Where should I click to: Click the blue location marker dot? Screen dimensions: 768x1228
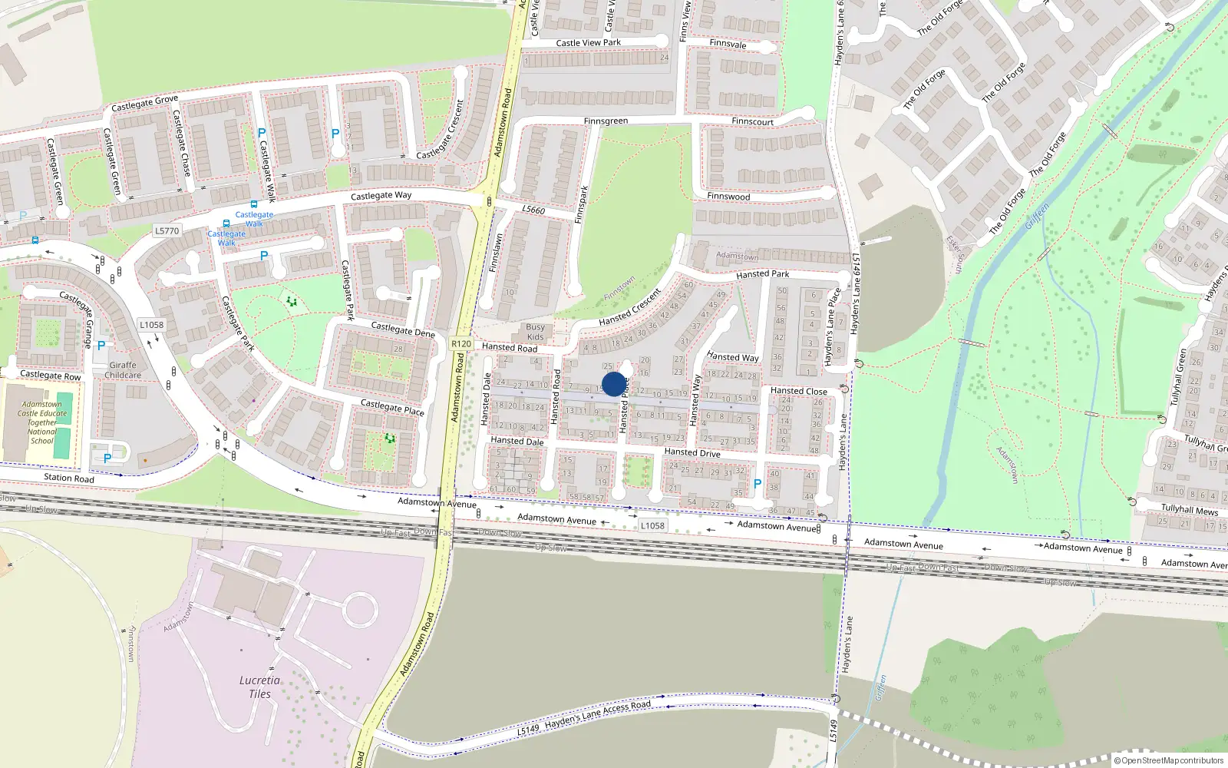click(x=613, y=384)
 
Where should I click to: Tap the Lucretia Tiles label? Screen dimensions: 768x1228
click(x=259, y=687)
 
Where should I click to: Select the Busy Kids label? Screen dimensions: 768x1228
click(x=535, y=332)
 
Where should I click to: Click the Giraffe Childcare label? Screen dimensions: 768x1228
click(x=123, y=370)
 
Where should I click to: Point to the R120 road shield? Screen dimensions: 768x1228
click(x=461, y=343)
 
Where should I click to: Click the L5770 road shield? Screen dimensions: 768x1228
click(x=167, y=230)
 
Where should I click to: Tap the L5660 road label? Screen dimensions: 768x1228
click(x=533, y=210)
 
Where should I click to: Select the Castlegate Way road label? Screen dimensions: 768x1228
click(x=381, y=196)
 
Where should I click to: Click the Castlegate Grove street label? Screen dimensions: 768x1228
click(x=144, y=103)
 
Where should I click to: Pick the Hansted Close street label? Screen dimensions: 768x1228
click(x=798, y=391)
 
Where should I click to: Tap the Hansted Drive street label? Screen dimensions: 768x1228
click(x=692, y=452)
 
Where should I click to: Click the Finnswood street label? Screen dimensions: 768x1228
click(x=728, y=197)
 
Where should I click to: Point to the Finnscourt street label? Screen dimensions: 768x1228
click(x=752, y=121)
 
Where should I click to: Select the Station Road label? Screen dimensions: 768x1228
click(x=69, y=478)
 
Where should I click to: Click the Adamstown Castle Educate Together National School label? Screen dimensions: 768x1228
click(x=42, y=422)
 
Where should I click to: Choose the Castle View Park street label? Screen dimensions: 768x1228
click(x=588, y=43)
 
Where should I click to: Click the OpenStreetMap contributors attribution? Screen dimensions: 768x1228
click(x=1169, y=760)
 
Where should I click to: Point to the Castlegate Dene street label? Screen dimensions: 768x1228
click(x=403, y=329)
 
